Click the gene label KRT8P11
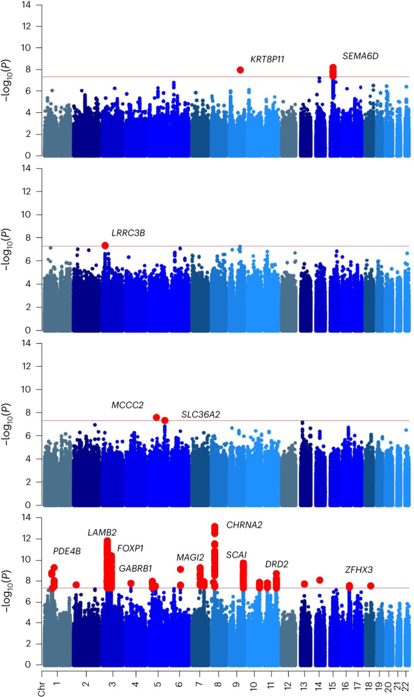click(268, 59)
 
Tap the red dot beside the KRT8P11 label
click(240, 70)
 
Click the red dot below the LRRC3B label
click(105, 245)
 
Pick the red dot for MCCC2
click(156, 417)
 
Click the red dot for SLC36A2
click(165, 420)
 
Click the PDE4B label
click(66, 551)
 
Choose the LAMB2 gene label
click(102, 532)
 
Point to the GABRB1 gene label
click(135, 568)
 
